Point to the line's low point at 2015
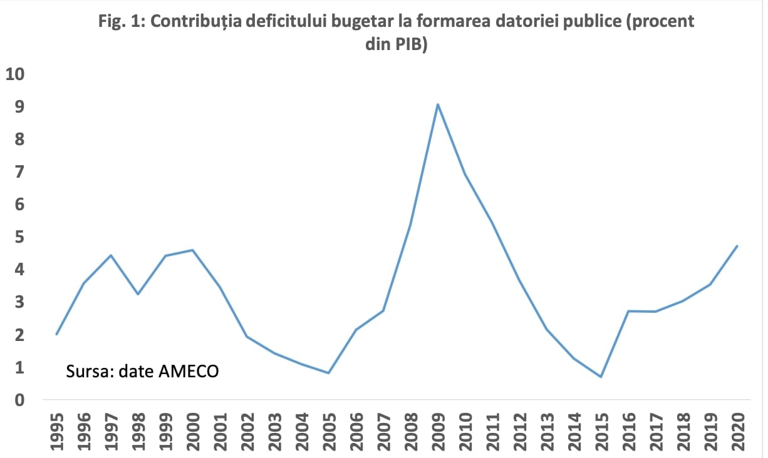[x=601, y=377]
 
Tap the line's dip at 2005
[x=329, y=373]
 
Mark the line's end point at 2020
[x=737, y=246]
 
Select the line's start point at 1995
[x=56, y=334]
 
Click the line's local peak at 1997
[x=111, y=255]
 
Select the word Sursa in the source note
[x=85, y=371]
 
